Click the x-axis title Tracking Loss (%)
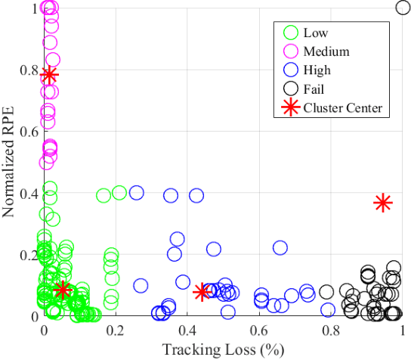[223, 349]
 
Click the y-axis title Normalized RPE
[11, 161]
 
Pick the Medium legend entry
[326, 51]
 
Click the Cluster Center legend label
[343, 108]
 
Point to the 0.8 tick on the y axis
[29, 70]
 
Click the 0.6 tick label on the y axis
[29, 132]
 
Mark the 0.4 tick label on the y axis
[29, 194]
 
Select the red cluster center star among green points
[62, 289]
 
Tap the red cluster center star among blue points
[202, 292]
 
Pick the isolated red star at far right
[382, 202]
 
